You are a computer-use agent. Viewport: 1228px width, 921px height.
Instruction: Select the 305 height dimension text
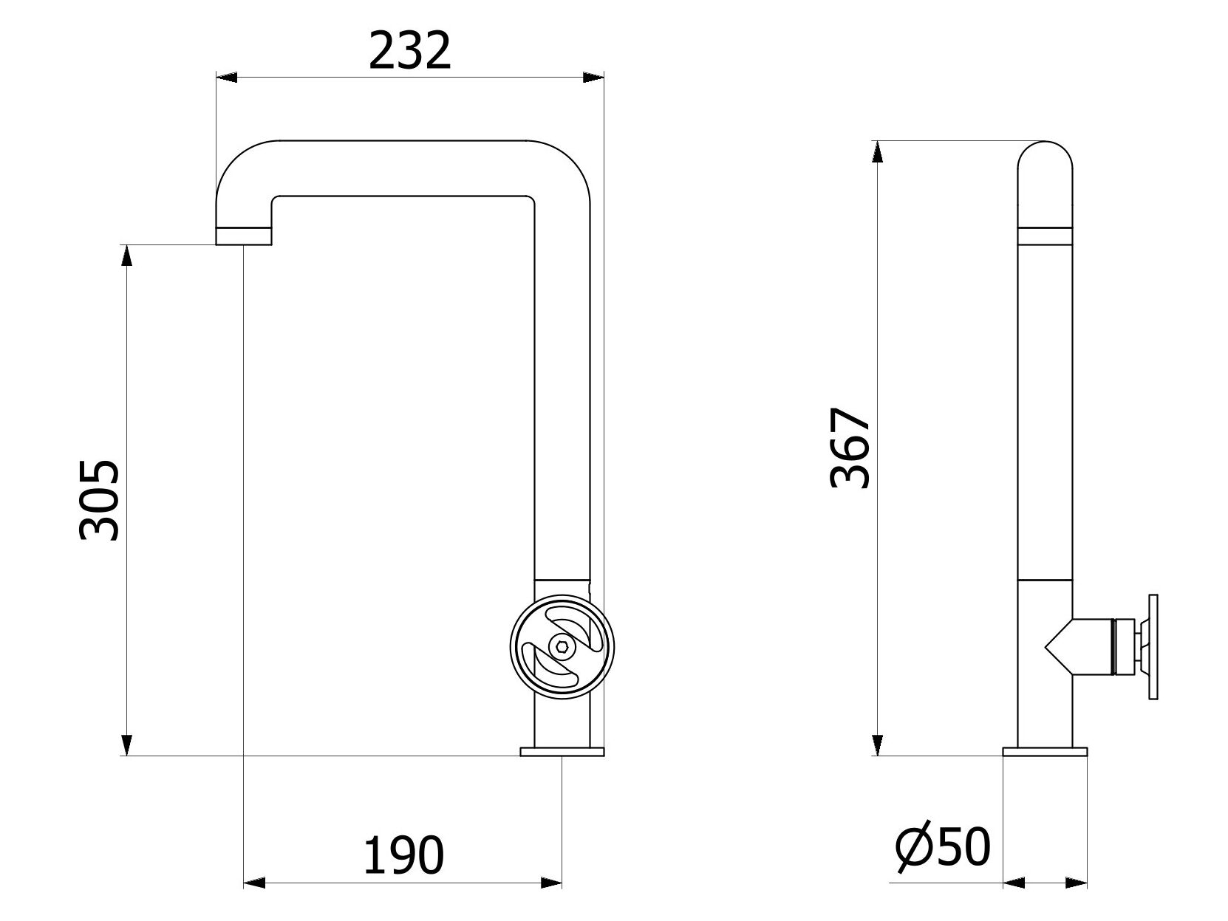pos(100,500)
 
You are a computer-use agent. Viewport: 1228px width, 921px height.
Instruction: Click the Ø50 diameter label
pos(942,846)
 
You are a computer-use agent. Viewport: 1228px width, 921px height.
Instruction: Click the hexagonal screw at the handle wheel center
pos(563,646)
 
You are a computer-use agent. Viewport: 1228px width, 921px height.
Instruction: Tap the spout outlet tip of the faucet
pos(244,237)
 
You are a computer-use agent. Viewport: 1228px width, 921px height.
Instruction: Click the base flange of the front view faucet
pos(562,751)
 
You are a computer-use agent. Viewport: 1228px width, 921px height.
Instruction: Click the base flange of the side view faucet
pos(1045,751)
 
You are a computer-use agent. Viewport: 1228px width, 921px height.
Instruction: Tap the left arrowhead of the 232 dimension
pos(225,76)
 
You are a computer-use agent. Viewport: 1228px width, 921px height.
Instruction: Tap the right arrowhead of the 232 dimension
pos(594,76)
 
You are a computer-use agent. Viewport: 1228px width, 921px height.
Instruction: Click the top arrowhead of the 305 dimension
pos(127,255)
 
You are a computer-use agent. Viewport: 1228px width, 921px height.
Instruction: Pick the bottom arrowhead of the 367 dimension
pos(877,744)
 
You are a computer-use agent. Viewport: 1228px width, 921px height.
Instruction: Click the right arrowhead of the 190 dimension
pos(551,882)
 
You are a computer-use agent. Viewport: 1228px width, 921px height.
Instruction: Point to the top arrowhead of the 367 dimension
pos(877,151)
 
